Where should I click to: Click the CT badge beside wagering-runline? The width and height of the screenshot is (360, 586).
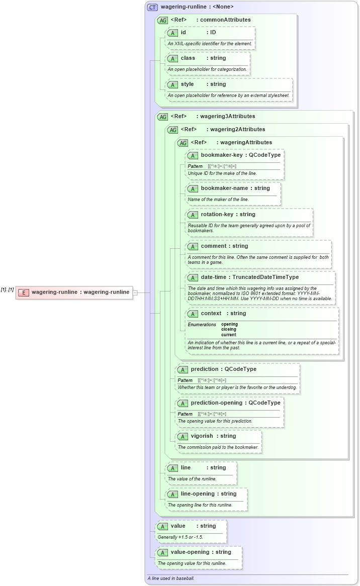coord(152,7)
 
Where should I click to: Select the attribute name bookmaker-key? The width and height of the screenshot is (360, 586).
coord(221,155)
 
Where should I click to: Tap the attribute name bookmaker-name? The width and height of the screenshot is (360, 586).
coord(224,188)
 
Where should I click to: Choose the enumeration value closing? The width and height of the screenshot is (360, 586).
coord(229,330)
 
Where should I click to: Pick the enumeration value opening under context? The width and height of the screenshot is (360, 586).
coord(229,324)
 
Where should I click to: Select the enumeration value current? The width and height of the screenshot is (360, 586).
coord(229,335)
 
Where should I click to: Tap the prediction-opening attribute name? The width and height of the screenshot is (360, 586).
coord(218,403)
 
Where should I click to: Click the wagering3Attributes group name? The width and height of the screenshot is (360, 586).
coord(228,116)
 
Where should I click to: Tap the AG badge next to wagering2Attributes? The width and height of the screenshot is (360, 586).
coord(172,130)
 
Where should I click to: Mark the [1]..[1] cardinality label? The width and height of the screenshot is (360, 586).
coord(7,289)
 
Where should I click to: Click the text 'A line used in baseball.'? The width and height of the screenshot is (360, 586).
coord(171,578)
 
